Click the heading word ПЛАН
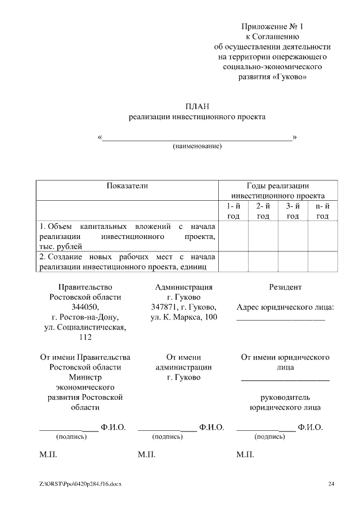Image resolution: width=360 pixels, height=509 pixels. [x=196, y=106]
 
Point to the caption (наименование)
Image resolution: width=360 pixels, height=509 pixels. [x=197, y=146]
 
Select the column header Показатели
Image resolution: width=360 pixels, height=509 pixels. [x=127, y=186]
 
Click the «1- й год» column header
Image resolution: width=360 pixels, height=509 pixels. [x=233, y=211]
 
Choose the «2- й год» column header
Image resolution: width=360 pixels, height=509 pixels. [x=263, y=211]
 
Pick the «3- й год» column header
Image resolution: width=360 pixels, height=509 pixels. [x=292, y=211]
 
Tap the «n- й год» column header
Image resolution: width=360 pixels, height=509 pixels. [x=322, y=211]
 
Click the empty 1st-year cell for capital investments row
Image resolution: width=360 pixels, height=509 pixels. [x=233, y=236]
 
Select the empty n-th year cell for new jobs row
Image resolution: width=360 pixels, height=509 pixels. [x=322, y=262]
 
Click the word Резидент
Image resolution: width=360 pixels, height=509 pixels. [x=285, y=287]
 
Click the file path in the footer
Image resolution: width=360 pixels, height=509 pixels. [x=80, y=484]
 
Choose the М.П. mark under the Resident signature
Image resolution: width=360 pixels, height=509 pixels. [x=245, y=454]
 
